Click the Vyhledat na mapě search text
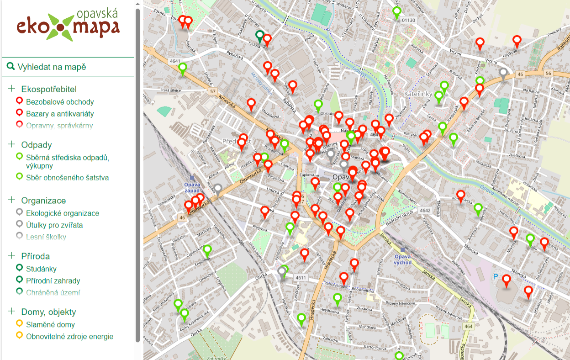click(52, 67)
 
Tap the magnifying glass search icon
click(11, 67)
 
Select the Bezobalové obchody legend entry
click(60, 102)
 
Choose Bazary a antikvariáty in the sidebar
click(60, 114)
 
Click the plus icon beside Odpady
click(12, 144)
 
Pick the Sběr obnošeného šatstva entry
click(67, 178)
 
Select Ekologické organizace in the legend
click(62, 213)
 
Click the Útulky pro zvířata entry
click(54, 225)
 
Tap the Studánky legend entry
click(41, 269)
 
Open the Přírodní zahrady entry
click(53, 281)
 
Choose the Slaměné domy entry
click(50, 325)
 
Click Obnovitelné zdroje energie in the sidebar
click(69, 337)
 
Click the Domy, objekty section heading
click(48, 312)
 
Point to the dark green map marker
click(260, 36)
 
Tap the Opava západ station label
click(192, 187)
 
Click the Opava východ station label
click(403, 259)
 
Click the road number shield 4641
click(174, 61)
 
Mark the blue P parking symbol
click(496, 276)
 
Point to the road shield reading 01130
click(408, 21)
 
